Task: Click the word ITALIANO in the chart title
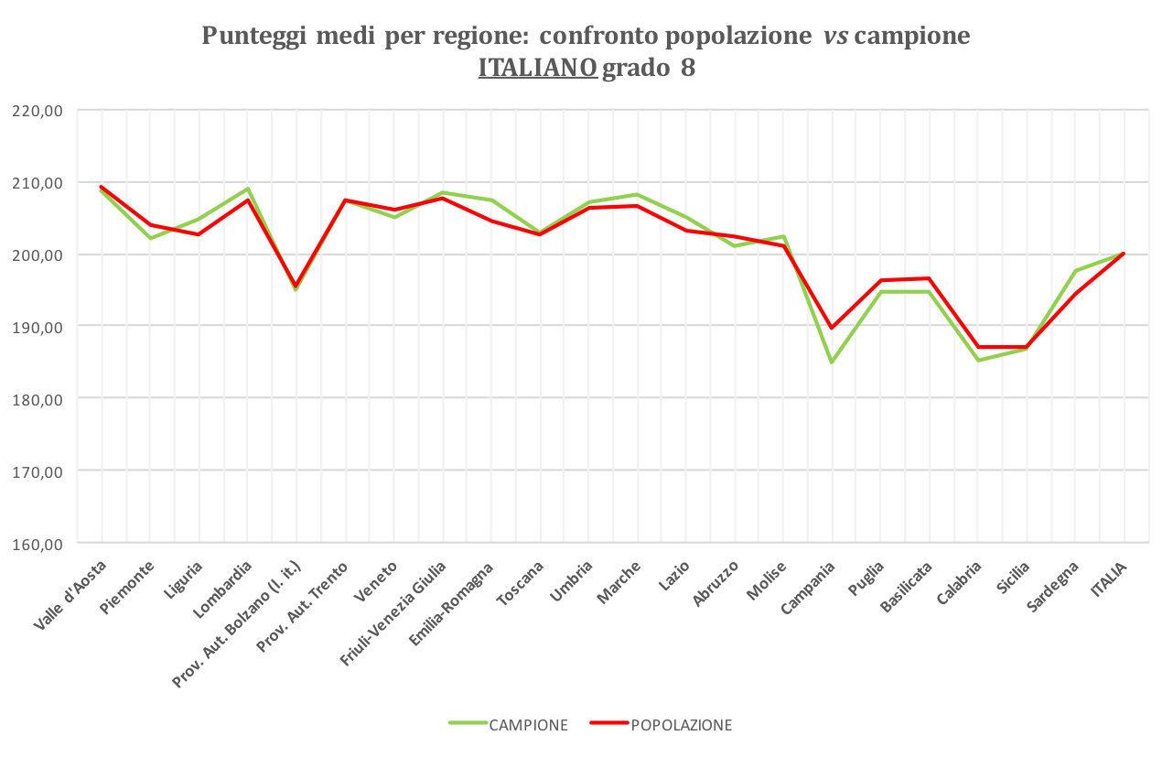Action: pos(537,69)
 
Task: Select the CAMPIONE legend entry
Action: pos(528,725)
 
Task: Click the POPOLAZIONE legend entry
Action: pos(681,725)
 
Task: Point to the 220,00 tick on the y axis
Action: pos(38,110)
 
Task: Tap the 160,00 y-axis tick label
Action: pos(38,544)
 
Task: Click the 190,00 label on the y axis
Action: pos(38,327)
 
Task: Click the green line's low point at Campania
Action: pos(832,362)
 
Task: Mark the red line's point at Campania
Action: pos(832,327)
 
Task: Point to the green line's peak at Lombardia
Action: pos(247,189)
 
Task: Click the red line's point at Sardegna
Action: pos(1075,293)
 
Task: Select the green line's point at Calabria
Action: pos(978,360)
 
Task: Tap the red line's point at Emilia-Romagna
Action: pos(491,221)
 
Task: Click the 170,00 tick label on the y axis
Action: pos(38,471)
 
